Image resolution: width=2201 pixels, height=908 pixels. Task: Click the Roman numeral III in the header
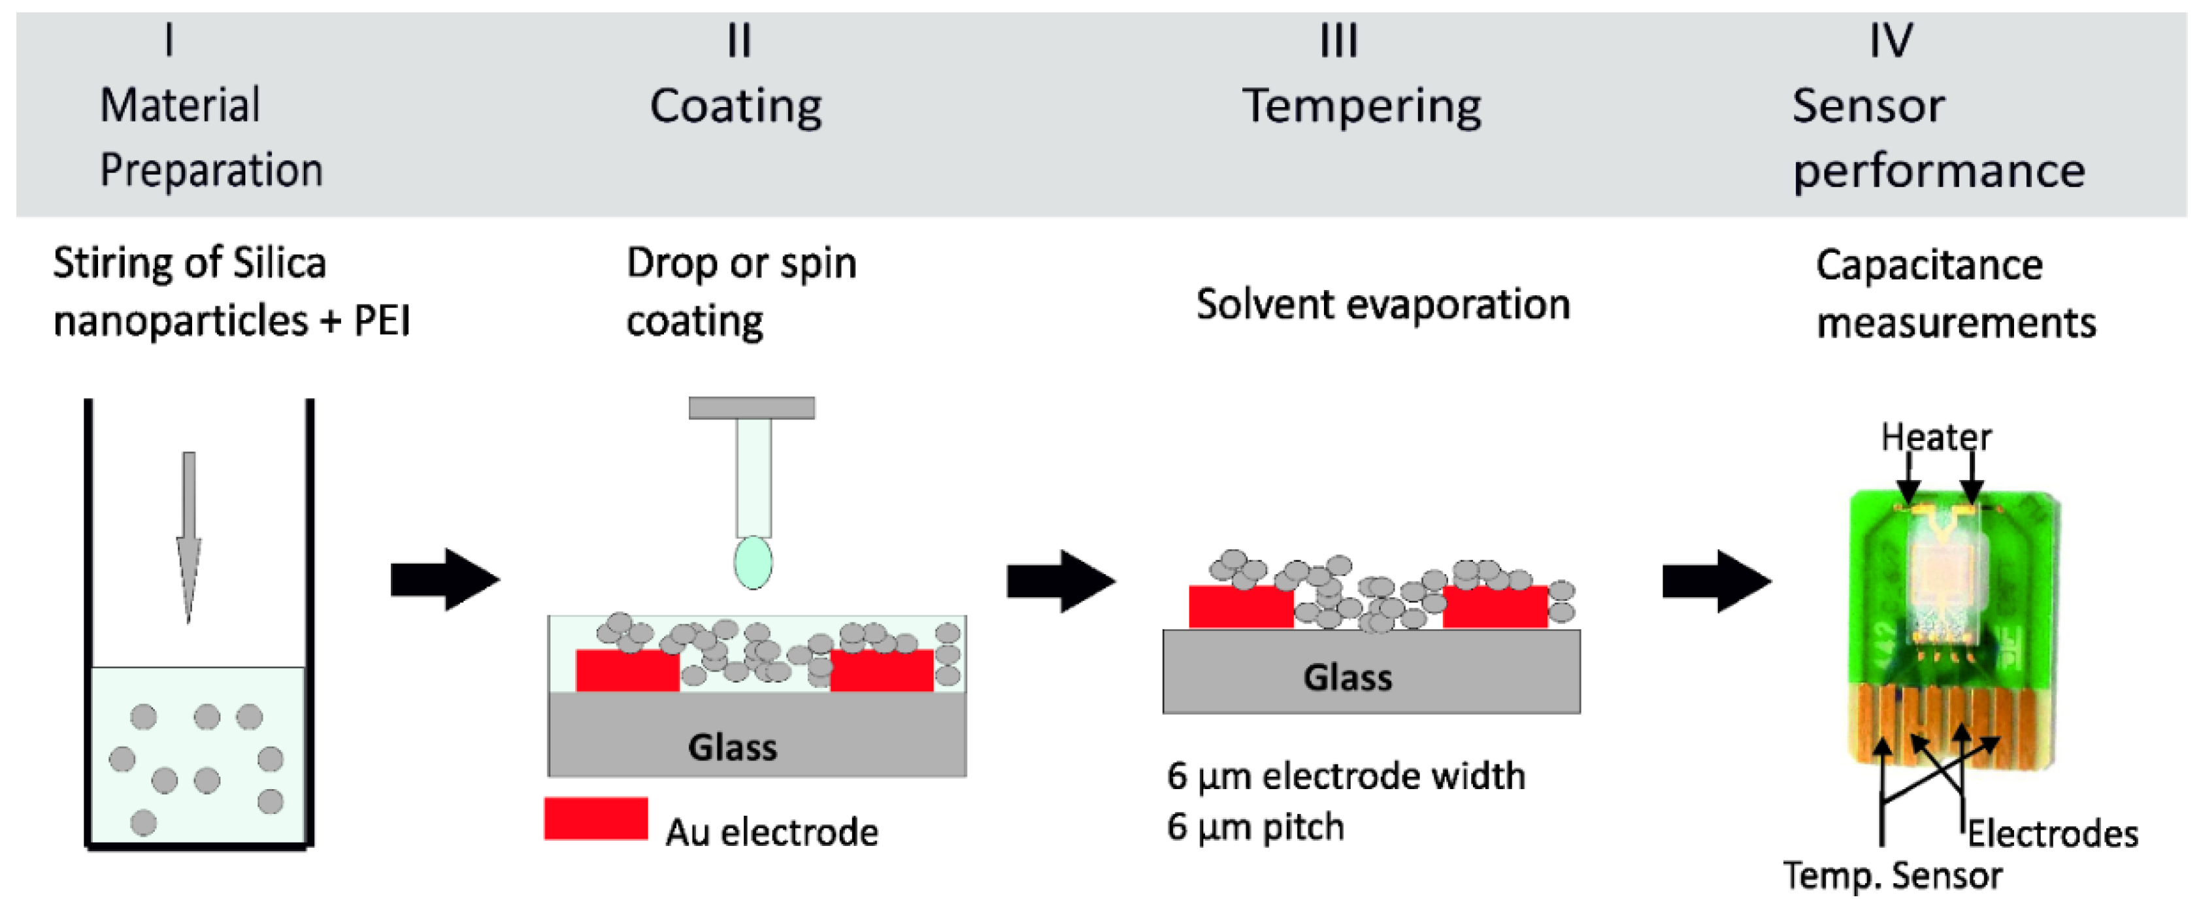tap(1338, 41)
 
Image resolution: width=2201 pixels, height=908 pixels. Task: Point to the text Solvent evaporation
tap(1382, 305)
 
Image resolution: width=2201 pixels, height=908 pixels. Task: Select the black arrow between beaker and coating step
tap(444, 580)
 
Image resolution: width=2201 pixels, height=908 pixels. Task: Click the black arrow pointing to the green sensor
tap(1715, 581)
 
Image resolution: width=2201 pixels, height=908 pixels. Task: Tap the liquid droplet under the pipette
tap(753, 562)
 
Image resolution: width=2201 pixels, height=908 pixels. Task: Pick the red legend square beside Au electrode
tap(595, 819)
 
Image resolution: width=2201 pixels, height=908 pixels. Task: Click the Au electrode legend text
tap(772, 832)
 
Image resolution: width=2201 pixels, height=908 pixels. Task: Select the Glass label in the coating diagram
tap(732, 747)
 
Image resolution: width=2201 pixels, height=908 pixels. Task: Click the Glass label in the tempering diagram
tap(1348, 677)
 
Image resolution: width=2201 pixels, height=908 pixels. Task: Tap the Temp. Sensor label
tap(1892, 875)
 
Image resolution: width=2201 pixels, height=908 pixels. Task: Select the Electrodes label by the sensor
tap(2053, 834)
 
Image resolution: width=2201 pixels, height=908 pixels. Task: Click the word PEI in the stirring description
tap(382, 322)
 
